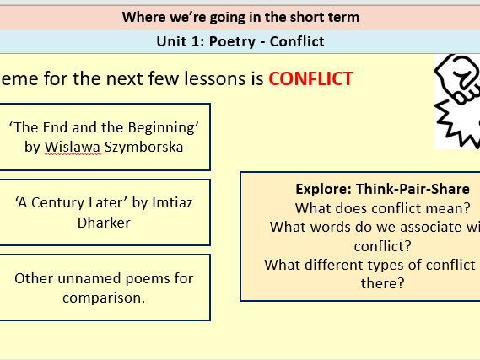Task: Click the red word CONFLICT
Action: point(310,79)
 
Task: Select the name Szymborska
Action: point(144,147)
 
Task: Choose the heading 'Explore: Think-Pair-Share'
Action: point(381,189)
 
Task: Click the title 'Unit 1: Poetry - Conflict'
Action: point(240,41)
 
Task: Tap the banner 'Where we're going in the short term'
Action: point(240,17)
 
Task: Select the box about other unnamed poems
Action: point(104,287)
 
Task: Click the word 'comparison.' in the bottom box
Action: point(104,298)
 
